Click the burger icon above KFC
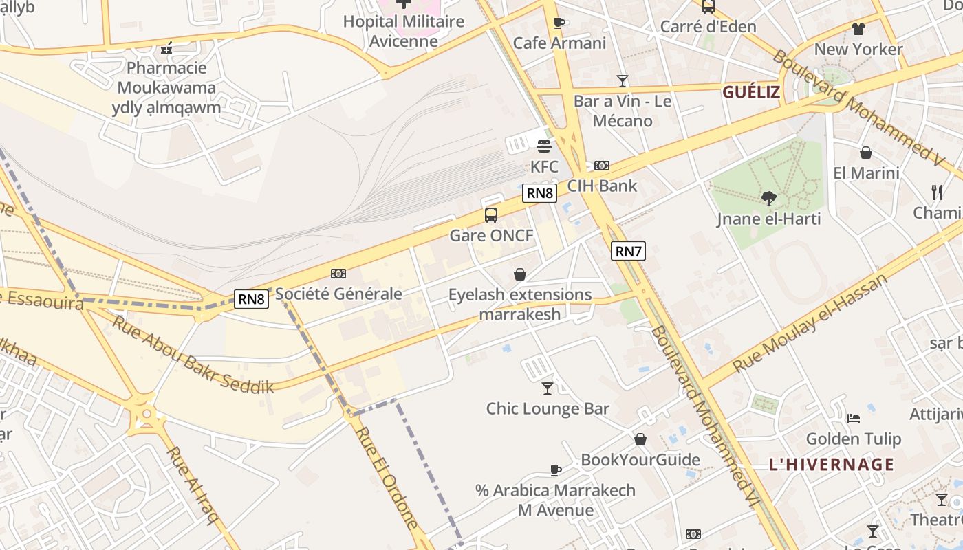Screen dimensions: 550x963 click(544, 146)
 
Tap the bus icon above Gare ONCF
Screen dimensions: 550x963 click(491, 214)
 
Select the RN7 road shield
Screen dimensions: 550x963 click(628, 251)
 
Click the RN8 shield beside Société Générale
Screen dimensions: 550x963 click(251, 298)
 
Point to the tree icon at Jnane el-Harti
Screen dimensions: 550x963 click(769, 199)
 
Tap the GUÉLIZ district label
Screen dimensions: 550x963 click(751, 92)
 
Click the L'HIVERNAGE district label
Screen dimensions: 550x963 click(832, 465)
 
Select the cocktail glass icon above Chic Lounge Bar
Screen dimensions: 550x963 click(548, 388)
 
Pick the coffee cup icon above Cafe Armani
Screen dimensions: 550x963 click(559, 23)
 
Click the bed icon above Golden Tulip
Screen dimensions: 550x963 click(854, 418)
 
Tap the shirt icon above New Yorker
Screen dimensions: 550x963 click(858, 29)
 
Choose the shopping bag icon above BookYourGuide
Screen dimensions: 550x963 click(640, 439)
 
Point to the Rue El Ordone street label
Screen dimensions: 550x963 click(387, 477)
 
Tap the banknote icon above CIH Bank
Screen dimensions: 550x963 click(602, 166)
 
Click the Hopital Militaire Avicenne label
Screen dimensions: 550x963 click(404, 31)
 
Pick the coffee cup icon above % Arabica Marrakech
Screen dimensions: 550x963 click(556, 471)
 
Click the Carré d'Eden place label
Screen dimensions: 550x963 click(708, 27)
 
